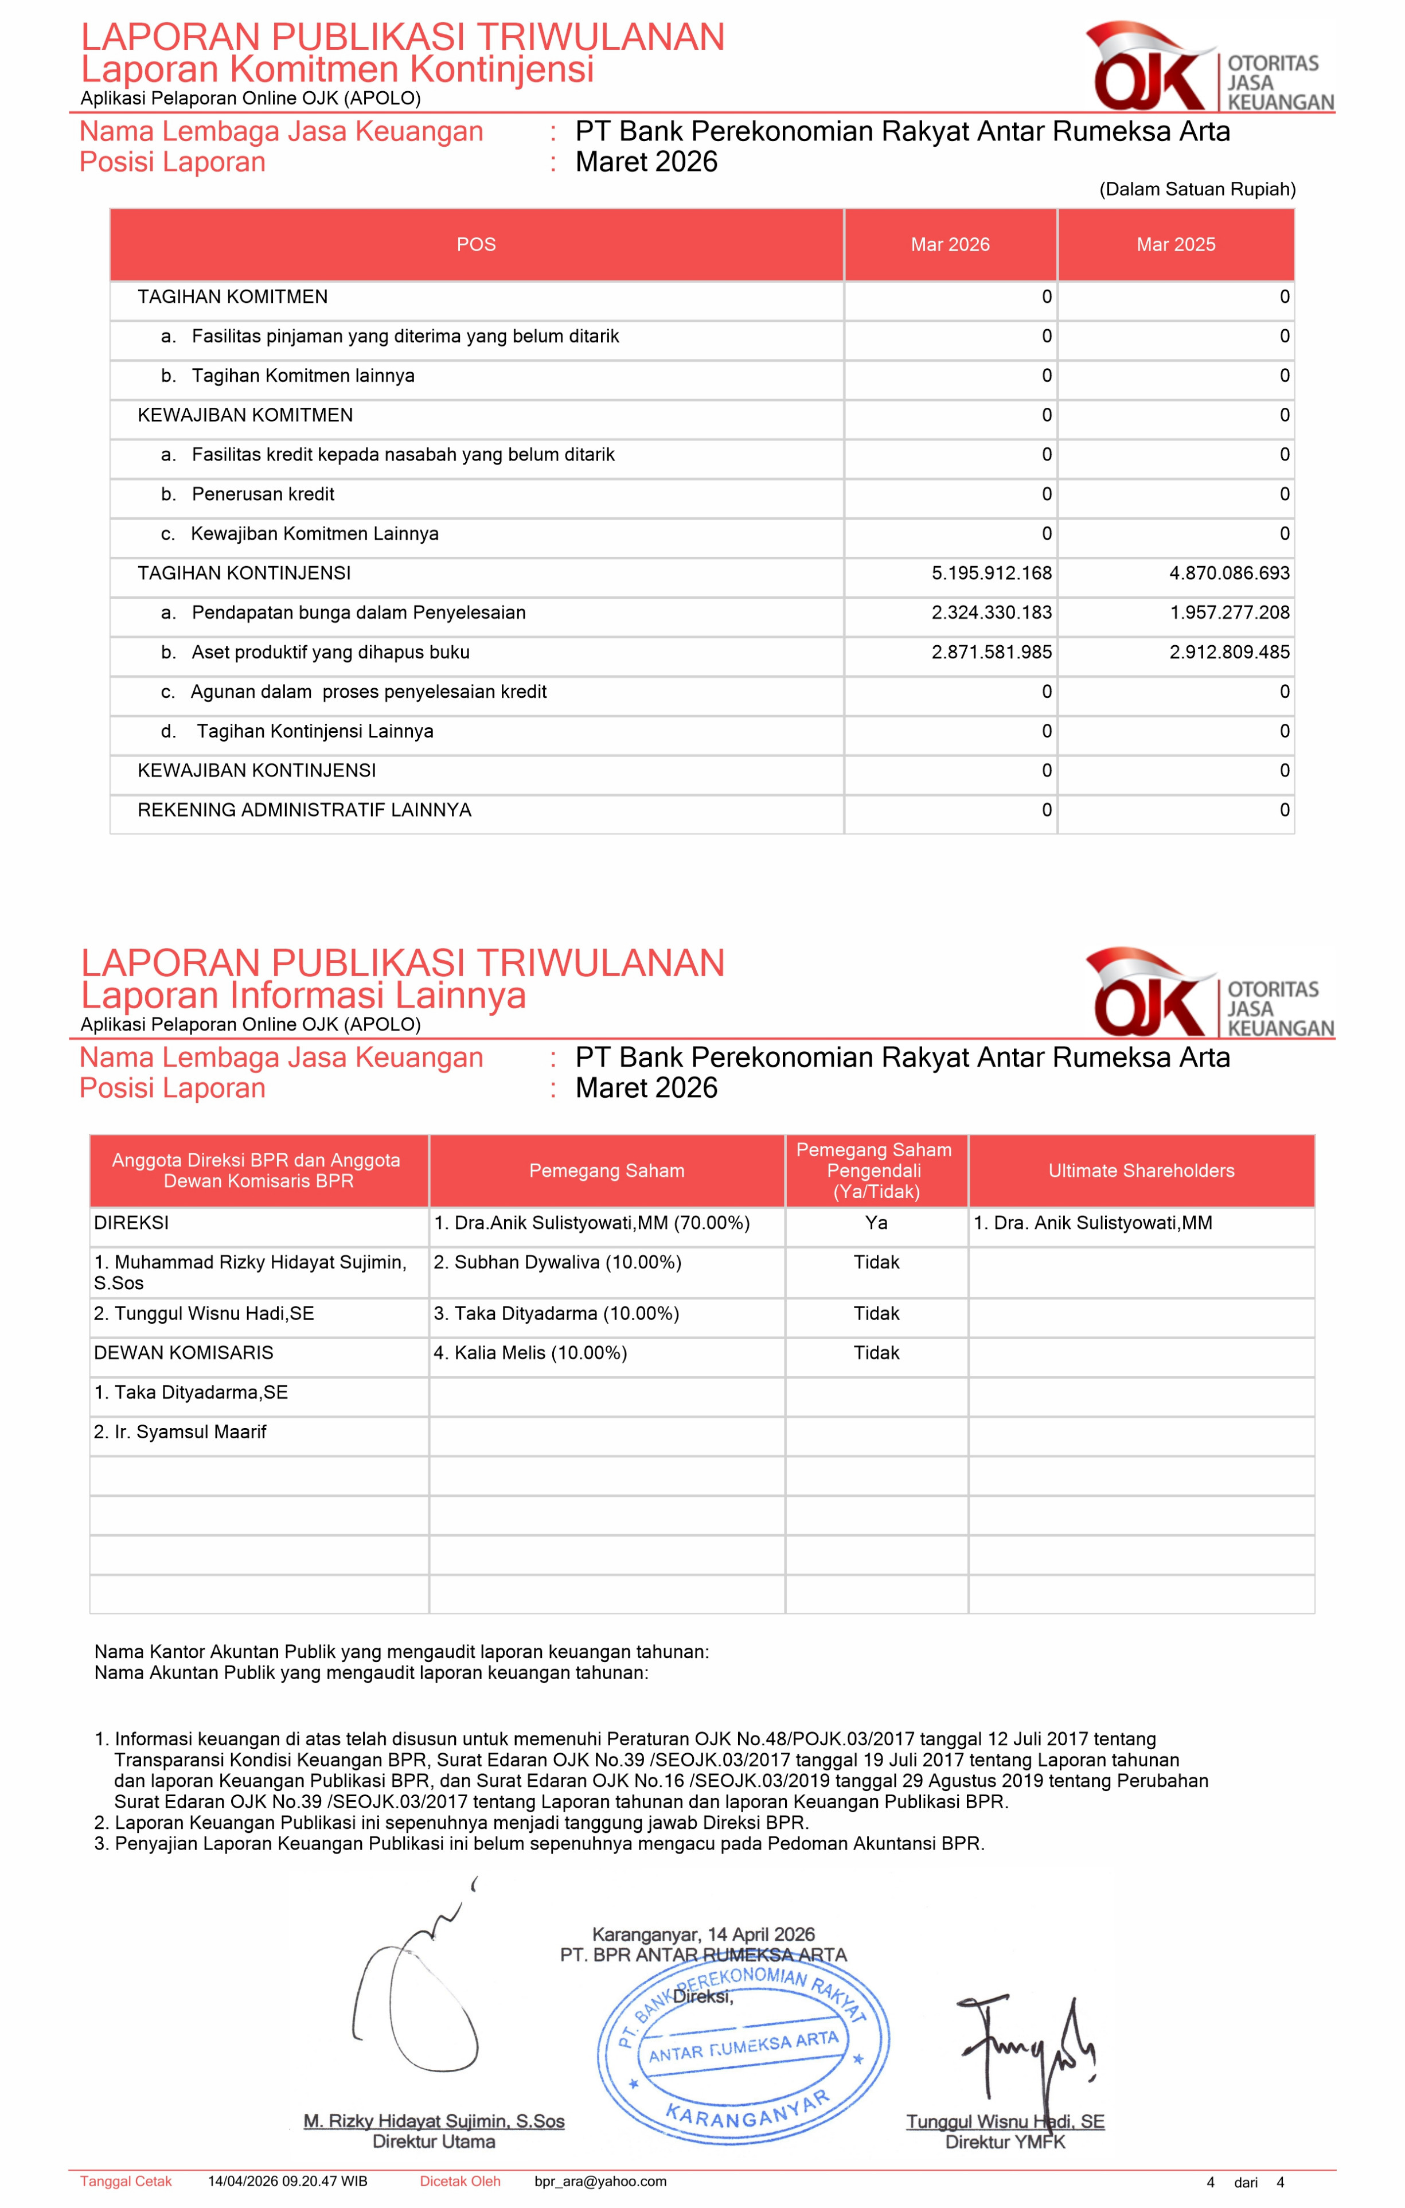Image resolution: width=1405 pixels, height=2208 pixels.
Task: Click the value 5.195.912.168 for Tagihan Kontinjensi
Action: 992,573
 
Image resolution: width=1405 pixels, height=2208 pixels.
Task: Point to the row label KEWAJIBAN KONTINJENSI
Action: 257,770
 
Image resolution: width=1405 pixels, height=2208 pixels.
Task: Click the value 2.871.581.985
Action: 992,652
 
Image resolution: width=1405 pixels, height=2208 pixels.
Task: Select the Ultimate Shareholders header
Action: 1141,1171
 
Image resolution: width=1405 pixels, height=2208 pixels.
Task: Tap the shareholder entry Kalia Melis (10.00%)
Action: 530,1352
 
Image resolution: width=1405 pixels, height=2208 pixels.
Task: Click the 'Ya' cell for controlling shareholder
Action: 876,1222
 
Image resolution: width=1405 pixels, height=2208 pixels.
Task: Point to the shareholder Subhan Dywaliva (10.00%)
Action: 557,1262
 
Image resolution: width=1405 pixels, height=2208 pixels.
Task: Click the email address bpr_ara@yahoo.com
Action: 600,2182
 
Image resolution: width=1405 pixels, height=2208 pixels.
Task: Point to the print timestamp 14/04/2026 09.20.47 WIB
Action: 287,2182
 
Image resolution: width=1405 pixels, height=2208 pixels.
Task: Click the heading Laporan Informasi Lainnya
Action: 303,995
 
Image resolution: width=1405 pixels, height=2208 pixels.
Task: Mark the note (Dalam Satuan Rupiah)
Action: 1197,189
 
